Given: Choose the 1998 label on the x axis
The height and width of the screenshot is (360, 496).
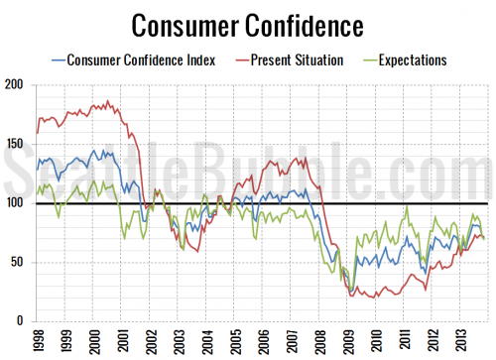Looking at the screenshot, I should click(38, 341).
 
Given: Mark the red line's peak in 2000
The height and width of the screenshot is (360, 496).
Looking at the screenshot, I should click(105, 101).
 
